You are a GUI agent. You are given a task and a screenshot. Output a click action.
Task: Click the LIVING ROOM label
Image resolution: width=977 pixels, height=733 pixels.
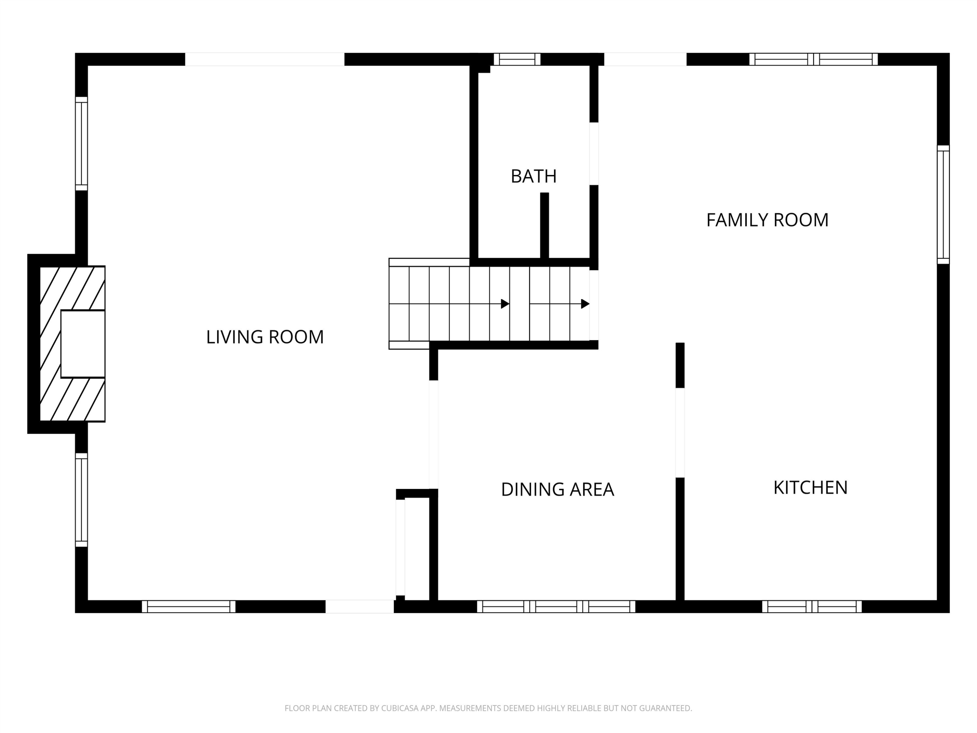(265, 337)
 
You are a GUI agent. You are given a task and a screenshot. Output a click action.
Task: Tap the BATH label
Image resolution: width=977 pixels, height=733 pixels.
(533, 176)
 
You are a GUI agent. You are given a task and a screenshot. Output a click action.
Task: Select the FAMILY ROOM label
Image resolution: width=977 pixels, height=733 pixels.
(767, 220)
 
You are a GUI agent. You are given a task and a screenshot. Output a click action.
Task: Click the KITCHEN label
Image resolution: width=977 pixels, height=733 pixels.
(811, 488)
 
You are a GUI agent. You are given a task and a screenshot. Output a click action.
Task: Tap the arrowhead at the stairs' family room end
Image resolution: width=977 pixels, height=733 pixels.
(585, 304)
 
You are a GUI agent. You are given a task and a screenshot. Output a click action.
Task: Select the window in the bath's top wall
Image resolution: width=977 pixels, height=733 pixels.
(517, 59)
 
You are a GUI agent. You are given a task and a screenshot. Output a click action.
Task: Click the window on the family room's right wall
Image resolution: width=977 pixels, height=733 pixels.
(943, 205)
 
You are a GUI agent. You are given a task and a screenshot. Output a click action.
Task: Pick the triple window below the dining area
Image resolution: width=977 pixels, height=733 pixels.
(556, 607)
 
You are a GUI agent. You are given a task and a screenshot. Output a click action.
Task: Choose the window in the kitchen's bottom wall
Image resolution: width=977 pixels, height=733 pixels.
(812, 607)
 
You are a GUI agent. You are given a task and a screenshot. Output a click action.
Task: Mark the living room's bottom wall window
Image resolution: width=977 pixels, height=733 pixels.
(189, 607)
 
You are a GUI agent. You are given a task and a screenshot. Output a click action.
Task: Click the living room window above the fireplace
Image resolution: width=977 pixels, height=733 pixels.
(81, 144)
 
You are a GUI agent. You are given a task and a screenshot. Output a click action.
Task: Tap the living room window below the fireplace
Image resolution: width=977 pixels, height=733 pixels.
(81, 500)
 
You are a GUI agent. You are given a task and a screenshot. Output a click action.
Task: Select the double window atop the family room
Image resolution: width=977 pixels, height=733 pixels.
(814, 59)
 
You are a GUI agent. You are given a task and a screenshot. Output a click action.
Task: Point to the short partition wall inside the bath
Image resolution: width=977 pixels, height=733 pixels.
(545, 226)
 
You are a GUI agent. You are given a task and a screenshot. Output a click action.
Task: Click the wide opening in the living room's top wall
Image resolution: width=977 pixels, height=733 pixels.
(264, 59)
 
